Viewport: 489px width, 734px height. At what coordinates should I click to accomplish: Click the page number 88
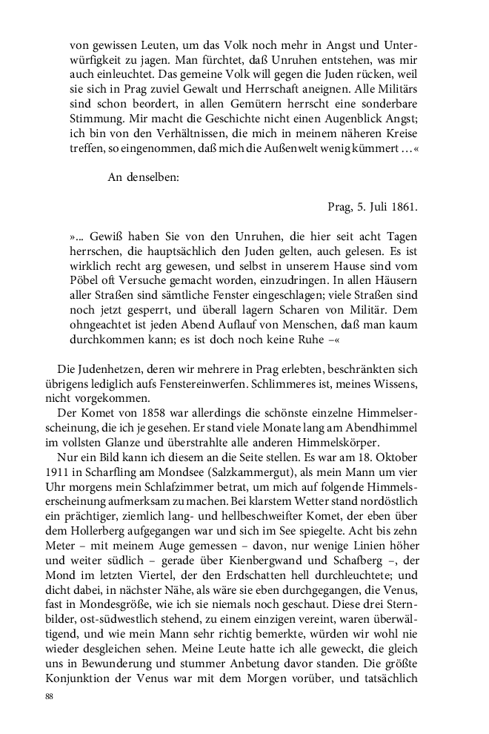[50, 698]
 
